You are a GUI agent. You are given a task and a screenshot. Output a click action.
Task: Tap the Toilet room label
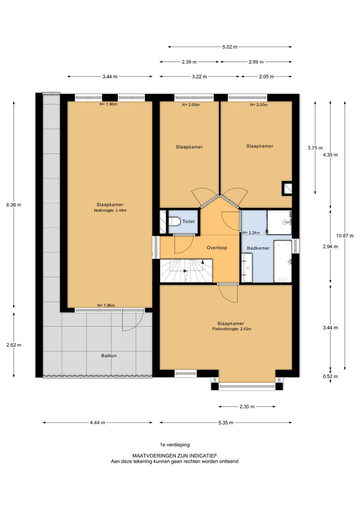tap(189, 221)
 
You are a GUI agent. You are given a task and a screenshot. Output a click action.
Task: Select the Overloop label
tap(217, 248)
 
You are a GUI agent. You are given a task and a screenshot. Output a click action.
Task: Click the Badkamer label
tap(258, 248)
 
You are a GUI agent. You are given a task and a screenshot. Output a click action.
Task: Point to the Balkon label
tap(109, 356)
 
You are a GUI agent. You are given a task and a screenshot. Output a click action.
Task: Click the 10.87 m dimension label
tap(345, 236)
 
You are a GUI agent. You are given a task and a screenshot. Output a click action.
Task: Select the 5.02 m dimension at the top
tap(230, 47)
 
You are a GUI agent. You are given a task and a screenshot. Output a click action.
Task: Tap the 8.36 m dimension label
tap(14, 205)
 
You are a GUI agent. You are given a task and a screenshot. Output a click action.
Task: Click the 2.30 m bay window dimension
tap(247, 407)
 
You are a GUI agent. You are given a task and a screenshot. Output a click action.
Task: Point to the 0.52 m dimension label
tap(330, 377)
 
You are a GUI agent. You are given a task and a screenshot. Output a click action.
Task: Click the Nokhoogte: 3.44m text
tap(110, 210)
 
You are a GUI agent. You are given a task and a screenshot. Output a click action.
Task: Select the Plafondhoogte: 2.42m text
tap(232, 329)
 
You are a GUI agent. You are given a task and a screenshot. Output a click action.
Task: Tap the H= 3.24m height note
tap(251, 233)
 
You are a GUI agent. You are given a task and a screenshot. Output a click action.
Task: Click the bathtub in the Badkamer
tap(283, 261)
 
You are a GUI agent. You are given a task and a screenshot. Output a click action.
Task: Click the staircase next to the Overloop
tap(186, 271)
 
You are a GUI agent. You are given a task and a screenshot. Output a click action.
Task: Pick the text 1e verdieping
tap(175, 451)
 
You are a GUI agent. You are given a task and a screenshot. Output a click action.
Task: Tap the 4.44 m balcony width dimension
tap(97, 423)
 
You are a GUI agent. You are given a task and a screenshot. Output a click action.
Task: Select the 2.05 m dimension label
tap(266, 77)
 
